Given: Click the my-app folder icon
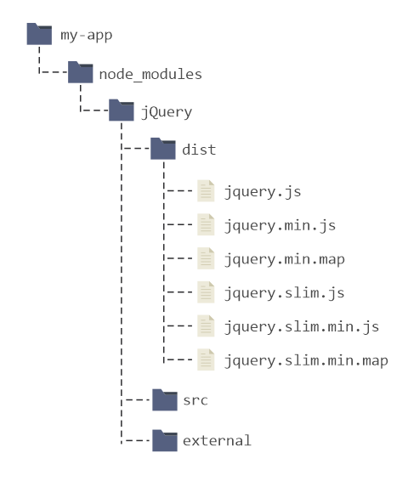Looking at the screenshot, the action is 39,34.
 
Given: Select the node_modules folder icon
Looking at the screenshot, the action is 81,72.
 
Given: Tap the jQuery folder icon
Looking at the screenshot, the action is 122,110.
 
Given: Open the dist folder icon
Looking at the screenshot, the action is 163,149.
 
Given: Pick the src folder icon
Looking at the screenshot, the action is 165,399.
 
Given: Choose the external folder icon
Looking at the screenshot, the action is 165,440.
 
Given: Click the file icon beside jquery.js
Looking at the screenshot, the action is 206,191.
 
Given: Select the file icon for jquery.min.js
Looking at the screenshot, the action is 206,224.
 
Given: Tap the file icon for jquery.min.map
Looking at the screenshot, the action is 206,258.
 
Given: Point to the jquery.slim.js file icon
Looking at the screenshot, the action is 206,292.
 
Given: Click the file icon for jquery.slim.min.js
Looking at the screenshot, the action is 206,325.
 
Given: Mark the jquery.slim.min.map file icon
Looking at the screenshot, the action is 206,359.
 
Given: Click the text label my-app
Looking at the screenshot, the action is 87,36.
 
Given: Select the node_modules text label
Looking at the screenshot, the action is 150,74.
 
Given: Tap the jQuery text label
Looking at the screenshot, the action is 167,112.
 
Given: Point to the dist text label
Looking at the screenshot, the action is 199,150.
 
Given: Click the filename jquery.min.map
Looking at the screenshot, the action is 285,260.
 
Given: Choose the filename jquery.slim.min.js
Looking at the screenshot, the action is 302,327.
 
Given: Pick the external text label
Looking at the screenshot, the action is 218,441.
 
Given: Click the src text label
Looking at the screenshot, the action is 195,400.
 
